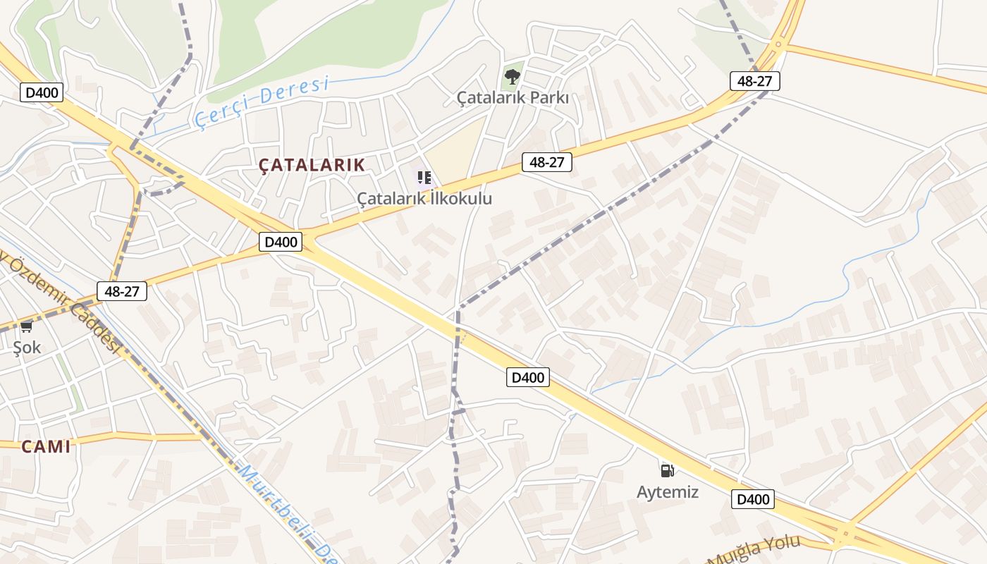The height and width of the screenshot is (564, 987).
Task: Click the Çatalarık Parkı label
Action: pyautogui.click(x=513, y=98)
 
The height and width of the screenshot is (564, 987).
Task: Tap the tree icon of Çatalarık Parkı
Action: pyautogui.click(x=513, y=76)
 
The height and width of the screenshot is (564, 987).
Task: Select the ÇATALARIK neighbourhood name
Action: pyautogui.click(x=312, y=165)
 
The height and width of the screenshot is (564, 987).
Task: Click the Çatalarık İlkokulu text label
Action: pyautogui.click(x=424, y=199)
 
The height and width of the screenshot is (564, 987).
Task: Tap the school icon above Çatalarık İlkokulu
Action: pyautogui.click(x=424, y=178)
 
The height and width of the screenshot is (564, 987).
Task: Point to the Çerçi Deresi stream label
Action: pyautogui.click(x=262, y=102)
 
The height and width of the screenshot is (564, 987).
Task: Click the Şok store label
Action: pyautogui.click(x=27, y=348)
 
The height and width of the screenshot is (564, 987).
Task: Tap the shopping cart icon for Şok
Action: pyautogui.click(x=27, y=326)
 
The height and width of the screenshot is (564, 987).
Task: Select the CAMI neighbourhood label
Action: pyautogui.click(x=46, y=446)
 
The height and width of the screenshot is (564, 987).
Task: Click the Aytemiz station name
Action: pyautogui.click(x=668, y=492)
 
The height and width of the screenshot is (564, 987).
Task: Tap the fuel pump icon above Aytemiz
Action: pyautogui.click(x=667, y=470)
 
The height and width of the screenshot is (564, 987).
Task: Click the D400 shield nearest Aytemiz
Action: pyautogui.click(x=753, y=499)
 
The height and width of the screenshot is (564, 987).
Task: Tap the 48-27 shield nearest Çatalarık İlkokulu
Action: pyautogui.click(x=547, y=162)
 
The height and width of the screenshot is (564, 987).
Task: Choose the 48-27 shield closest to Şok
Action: pyautogui.click(x=122, y=290)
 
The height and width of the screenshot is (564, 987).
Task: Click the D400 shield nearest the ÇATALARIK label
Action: pyautogui.click(x=281, y=242)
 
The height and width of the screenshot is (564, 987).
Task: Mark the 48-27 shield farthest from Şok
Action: pyautogui.click(x=754, y=81)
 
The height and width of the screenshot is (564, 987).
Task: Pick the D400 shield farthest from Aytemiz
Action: pyautogui.click(x=42, y=92)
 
